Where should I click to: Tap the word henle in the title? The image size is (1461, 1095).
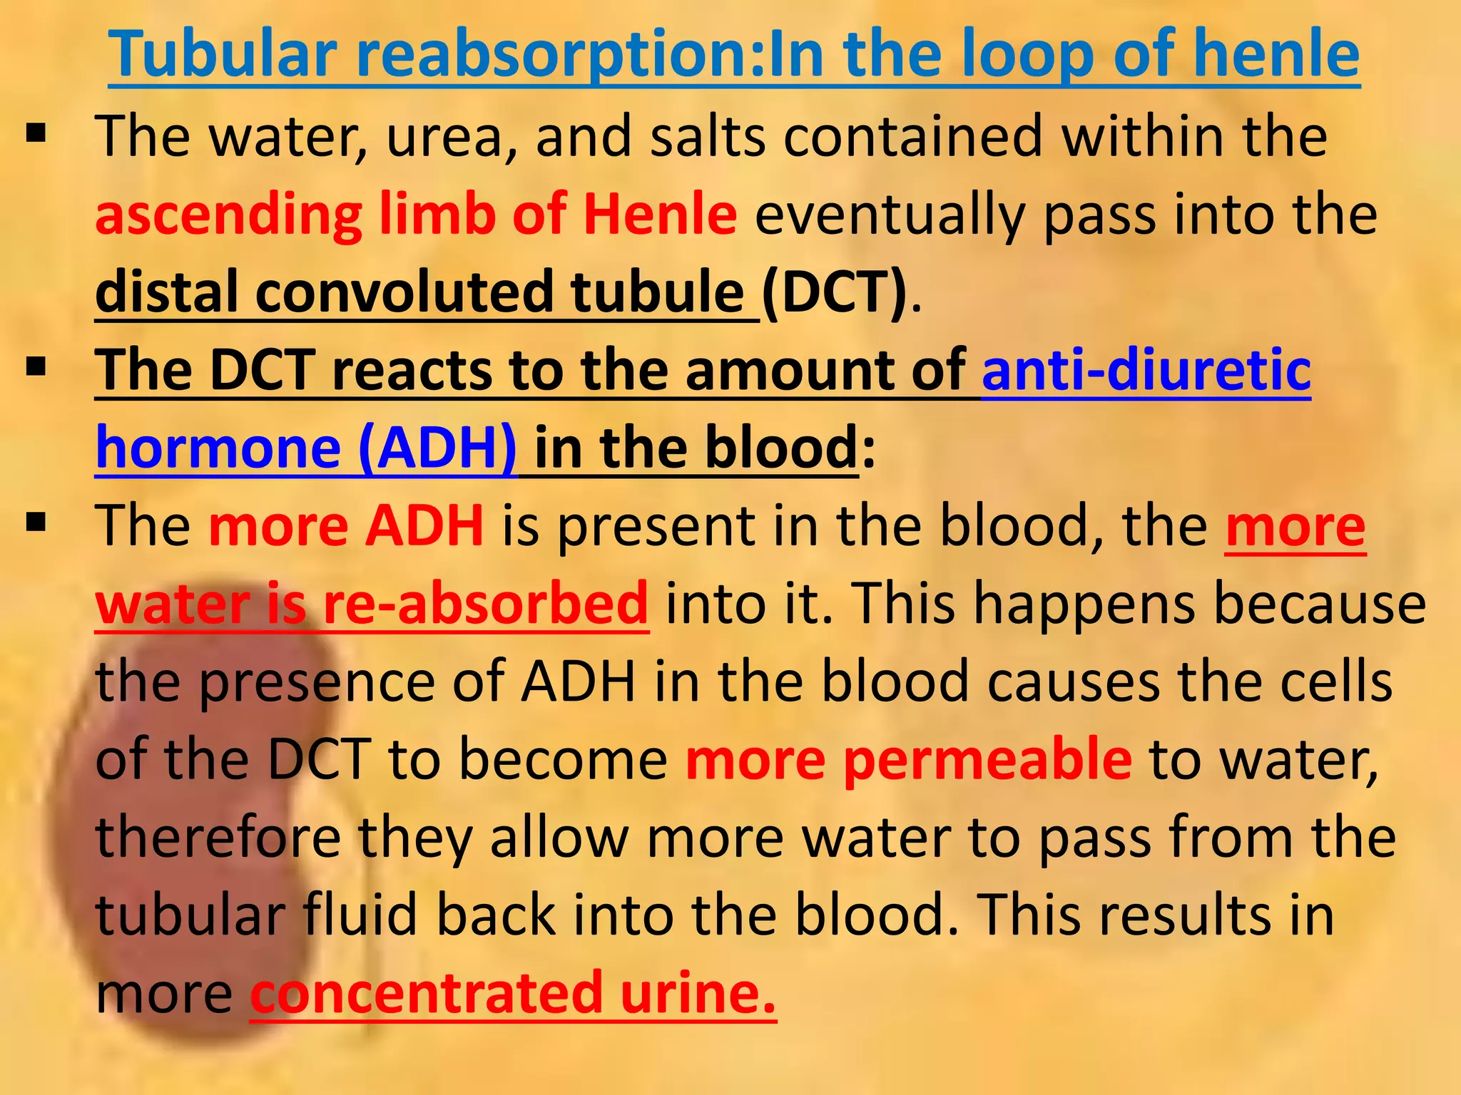[1276, 54]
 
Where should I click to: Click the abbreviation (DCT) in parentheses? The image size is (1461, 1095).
[835, 292]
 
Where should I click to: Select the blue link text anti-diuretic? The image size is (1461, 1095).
[1146, 370]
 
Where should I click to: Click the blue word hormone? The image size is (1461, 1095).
[218, 448]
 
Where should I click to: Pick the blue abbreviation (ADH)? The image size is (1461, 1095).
[437, 448]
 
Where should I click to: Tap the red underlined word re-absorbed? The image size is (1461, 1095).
[485, 603]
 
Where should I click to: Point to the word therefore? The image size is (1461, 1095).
[218, 838]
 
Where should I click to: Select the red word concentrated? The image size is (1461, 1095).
[426, 993]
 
